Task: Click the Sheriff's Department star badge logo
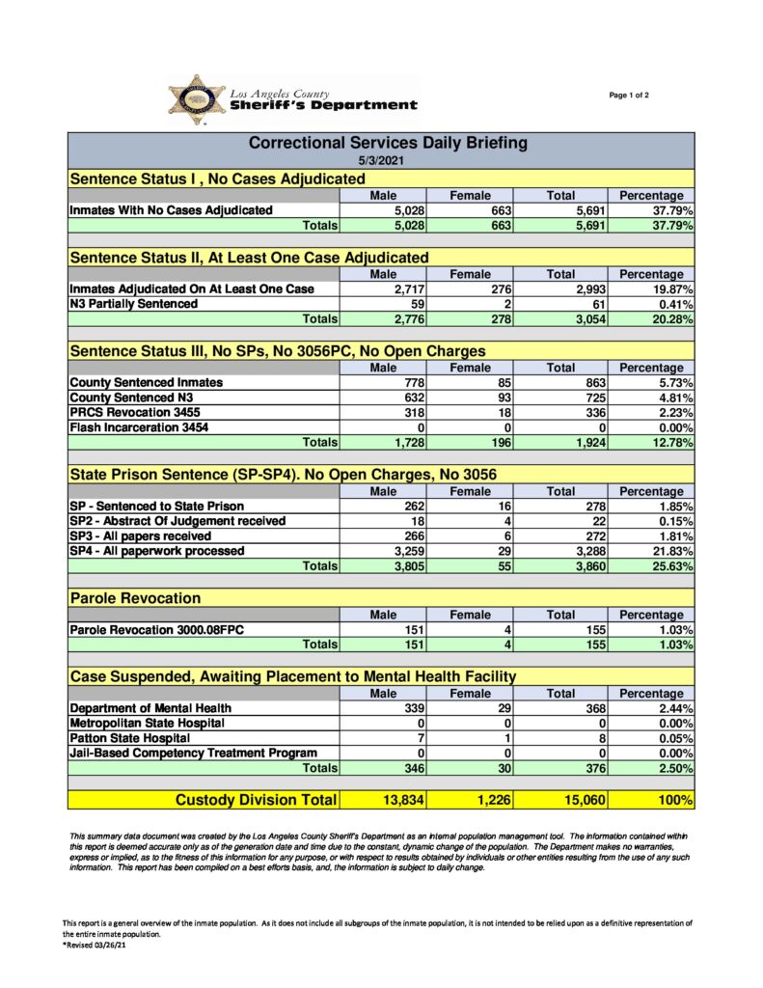point(196,99)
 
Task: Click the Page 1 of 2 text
point(629,95)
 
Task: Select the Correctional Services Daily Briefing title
point(388,143)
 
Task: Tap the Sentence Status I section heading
point(218,178)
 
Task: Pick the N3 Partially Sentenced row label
point(133,304)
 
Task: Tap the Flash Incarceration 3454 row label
point(139,427)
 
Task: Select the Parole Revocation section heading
point(135,598)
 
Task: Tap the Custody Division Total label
point(256,800)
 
